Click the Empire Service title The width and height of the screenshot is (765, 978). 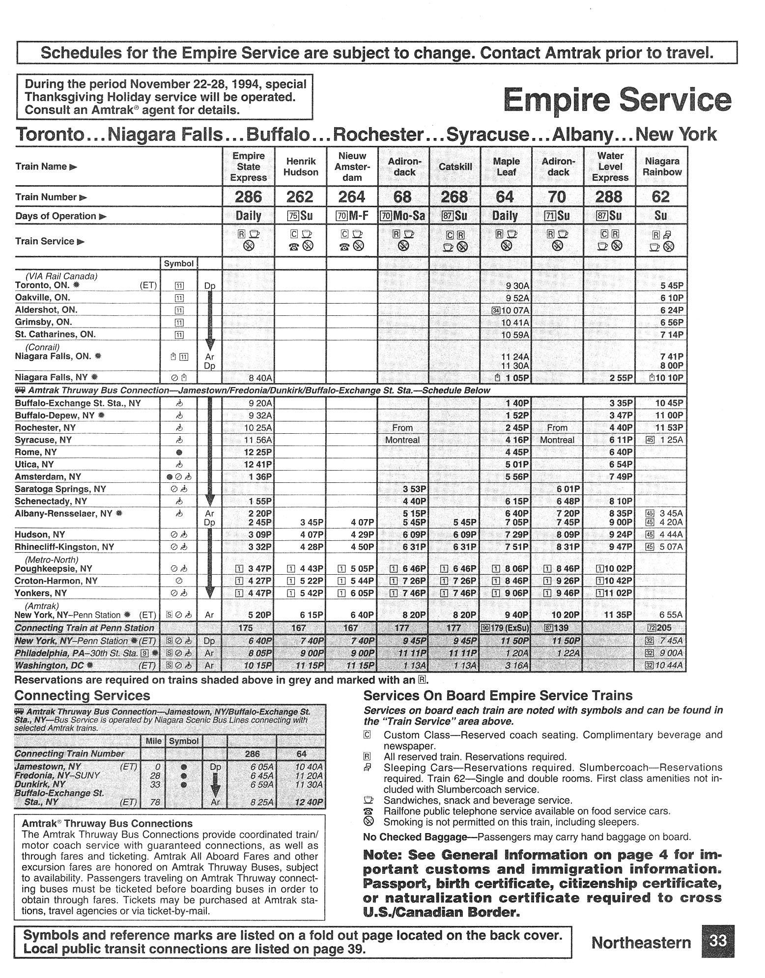(617, 100)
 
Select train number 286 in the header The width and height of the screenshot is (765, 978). (248, 197)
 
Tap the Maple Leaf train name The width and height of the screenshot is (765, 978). (506, 167)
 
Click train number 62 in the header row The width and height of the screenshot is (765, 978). (660, 197)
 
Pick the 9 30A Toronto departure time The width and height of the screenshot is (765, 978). (517, 285)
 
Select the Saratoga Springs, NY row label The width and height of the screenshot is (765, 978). (60, 489)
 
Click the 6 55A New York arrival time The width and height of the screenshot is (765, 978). (670, 615)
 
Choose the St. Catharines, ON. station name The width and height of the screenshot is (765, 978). (56, 334)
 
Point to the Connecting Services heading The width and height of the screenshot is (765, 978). (83, 696)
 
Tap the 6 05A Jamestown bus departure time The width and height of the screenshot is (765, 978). (258, 767)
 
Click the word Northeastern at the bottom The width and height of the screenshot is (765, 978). (641, 942)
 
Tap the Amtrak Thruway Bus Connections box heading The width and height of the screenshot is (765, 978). (107, 823)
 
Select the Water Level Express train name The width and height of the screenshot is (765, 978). (610, 167)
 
